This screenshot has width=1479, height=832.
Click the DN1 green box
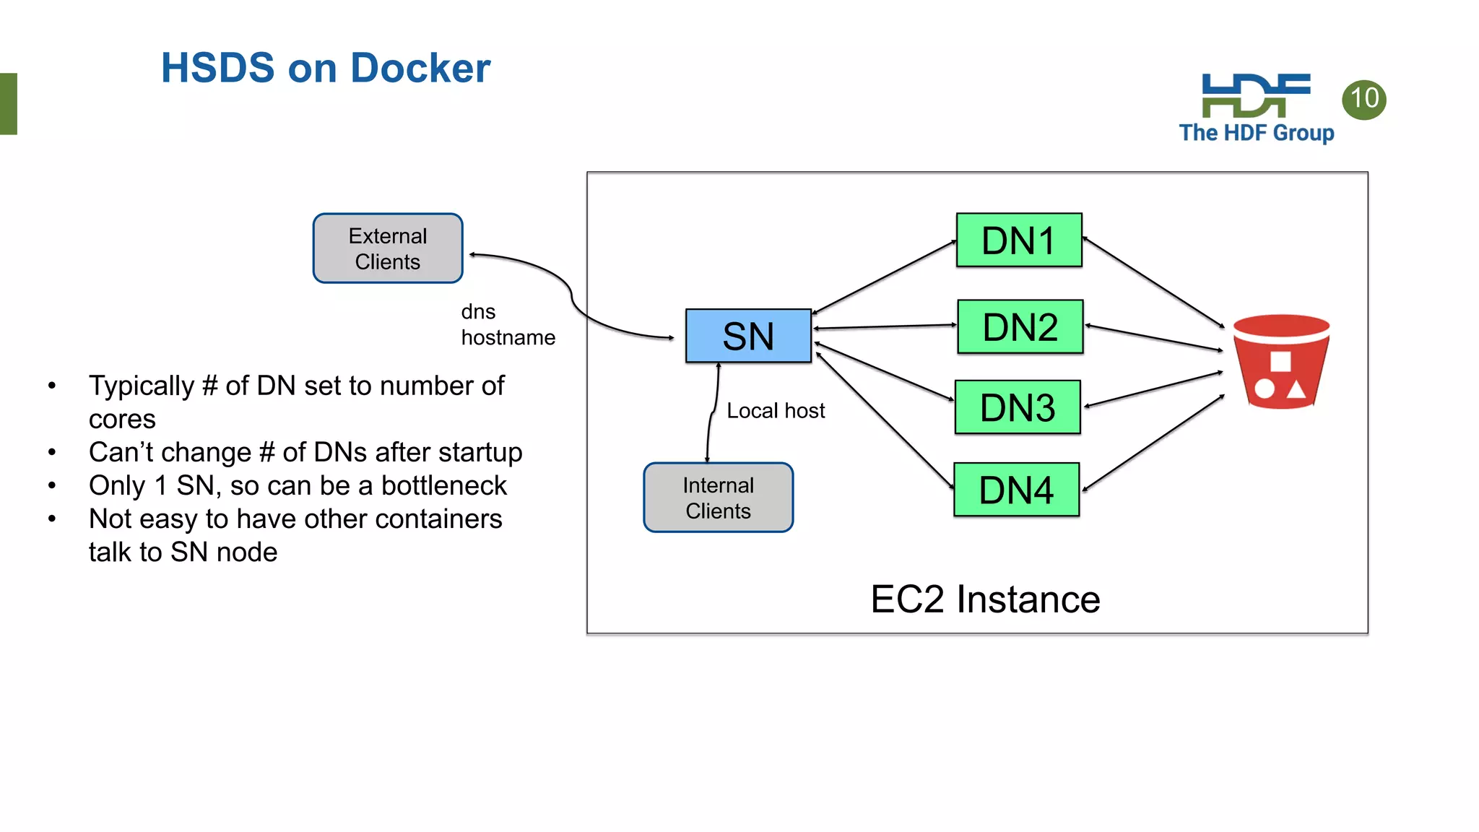tap(1019, 240)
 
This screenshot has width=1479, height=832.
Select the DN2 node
tap(1020, 327)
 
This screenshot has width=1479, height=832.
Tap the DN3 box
tap(1018, 407)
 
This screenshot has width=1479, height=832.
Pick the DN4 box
tap(1016, 490)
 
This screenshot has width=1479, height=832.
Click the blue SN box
tap(748, 336)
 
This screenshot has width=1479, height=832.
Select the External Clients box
tap(388, 248)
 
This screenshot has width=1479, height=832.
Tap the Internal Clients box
tap(718, 498)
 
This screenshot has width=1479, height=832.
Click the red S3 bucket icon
tap(1281, 362)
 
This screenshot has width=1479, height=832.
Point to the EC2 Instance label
tap(984, 599)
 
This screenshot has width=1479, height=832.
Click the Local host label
tap(775, 411)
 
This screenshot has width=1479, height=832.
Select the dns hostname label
tap(507, 325)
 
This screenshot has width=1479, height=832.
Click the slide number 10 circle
tap(1363, 99)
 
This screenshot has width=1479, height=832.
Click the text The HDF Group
tap(1256, 133)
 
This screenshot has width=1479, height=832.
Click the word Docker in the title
tap(420, 69)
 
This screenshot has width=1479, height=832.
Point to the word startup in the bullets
tap(480, 453)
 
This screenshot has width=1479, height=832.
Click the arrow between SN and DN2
tap(885, 327)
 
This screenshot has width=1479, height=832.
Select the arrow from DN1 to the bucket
tap(1153, 283)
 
